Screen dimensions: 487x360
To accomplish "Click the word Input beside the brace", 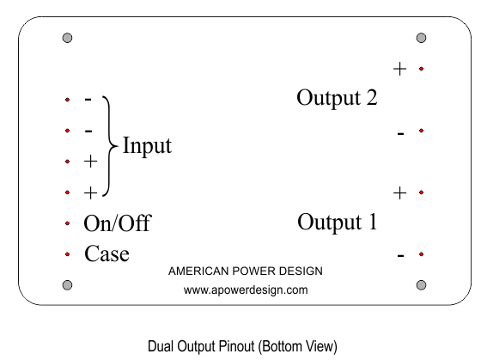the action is pos(147,145).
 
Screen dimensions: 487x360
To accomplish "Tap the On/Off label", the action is pos(118,223).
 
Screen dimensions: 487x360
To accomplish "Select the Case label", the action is pos(107,253).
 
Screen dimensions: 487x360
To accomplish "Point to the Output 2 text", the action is pos(337,98).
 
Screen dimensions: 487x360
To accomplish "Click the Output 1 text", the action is pos(338,222).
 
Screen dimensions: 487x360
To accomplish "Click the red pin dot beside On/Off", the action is pos(67,223).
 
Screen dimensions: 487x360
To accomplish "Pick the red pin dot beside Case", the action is pos(67,254).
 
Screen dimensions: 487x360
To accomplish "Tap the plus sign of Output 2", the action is pos(399,69).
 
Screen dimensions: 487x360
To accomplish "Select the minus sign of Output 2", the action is pos(400,134).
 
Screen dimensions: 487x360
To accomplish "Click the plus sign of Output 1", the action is pos(399,193).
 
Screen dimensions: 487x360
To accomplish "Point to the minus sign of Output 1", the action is pos(400,256).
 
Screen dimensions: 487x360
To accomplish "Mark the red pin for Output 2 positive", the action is pos(421,69).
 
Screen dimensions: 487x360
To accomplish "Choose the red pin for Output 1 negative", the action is pos(421,254).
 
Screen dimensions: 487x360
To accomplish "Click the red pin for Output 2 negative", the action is pos(421,131).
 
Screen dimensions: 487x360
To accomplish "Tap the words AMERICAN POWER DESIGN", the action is pos(246,272).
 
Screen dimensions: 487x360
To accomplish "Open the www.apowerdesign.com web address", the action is pos(246,290).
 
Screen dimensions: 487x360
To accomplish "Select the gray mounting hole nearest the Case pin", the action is pos(67,285).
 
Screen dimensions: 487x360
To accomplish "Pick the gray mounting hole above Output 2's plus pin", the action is pos(421,38).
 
